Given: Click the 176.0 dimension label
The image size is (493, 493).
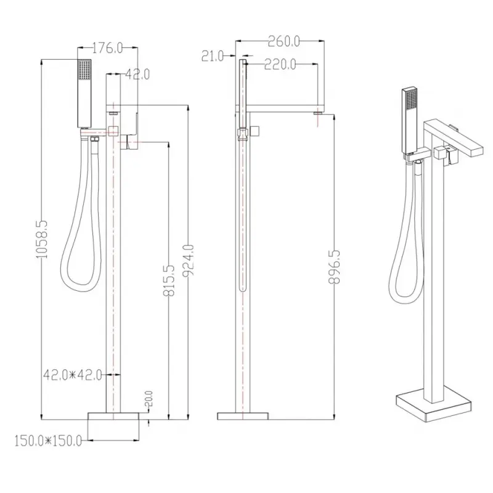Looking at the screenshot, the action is coord(107,48).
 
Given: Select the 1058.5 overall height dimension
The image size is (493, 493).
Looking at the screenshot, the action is coord(41,239).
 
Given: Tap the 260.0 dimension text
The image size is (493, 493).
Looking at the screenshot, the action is coord(283,41).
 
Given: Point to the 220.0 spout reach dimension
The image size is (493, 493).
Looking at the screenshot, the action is coord(280,65).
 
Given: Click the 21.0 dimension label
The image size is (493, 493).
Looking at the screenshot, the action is coord(213,56).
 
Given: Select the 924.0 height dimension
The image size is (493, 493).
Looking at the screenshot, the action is coord(189,260).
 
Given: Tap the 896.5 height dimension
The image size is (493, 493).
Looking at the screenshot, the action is coord(334,267).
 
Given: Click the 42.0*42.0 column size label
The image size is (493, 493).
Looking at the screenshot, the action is coord(73,375).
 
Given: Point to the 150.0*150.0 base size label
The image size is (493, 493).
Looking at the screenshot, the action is coord(48,441).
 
